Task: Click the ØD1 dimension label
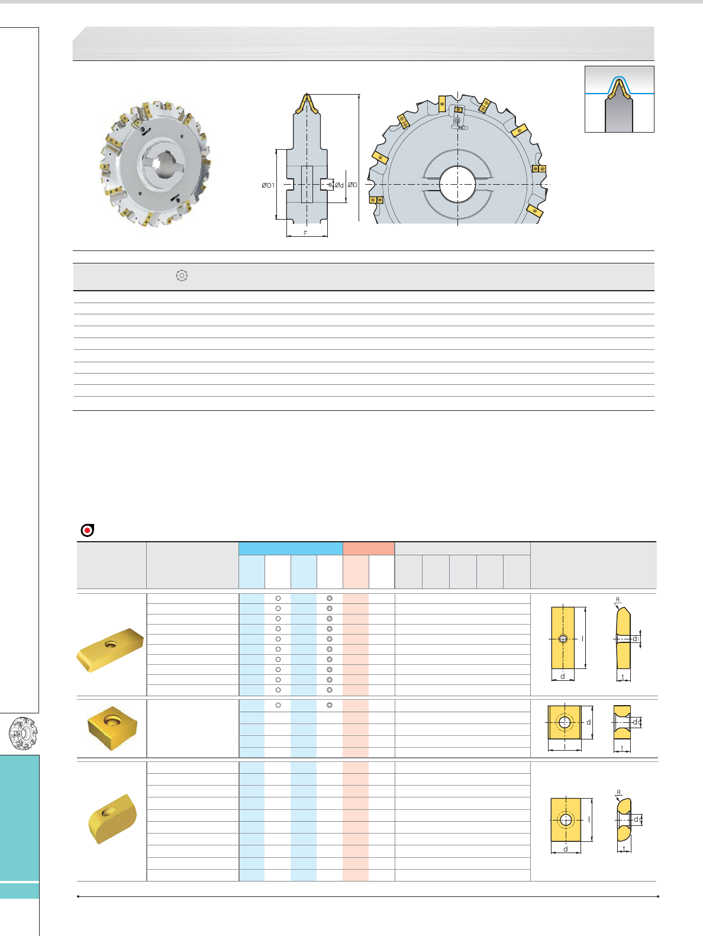[268, 185]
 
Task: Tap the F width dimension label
[305, 233]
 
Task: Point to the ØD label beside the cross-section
[352, 185]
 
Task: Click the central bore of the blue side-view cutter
[457, 184]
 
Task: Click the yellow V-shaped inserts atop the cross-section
[307, 104]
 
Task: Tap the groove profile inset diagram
[619, 99]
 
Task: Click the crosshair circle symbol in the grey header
[182, 275]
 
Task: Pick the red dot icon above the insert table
[88, 530]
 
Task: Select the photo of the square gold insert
[112, 728]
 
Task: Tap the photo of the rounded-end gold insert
[112, 819]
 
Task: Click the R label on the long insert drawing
[618, 600]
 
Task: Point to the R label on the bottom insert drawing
[618, 792]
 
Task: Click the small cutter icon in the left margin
[24, 734]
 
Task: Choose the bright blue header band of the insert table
[291, 548]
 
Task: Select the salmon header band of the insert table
[369, 548]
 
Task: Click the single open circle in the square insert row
[278, 705]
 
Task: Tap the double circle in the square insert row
[330, 705]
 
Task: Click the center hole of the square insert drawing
[565, 722]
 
